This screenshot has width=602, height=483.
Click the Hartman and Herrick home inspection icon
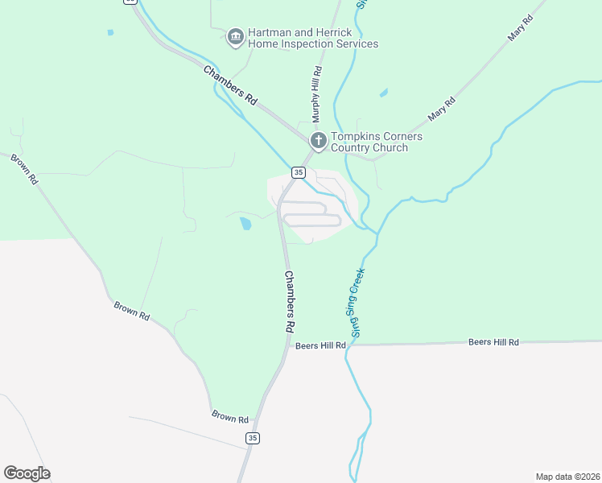click(235, 36)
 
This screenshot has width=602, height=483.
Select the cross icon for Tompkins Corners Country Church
click(318, 141)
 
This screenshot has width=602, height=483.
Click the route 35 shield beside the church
click(299, 172)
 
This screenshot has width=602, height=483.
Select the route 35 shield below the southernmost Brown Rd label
click(253, 438)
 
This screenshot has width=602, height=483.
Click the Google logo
click(27, 473)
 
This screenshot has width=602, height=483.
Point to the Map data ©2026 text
click(567, 476)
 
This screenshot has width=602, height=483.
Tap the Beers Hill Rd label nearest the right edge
click(493, 342)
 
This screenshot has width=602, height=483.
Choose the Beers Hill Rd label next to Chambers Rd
click(320, 345)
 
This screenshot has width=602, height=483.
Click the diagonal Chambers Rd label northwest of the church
click(229, 85)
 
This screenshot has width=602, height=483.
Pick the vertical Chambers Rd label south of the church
click(289, 302)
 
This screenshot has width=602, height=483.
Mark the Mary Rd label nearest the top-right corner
click(522, 28)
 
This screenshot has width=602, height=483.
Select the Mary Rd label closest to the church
click(442, 109)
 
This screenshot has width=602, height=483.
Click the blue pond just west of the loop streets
click(245, 223)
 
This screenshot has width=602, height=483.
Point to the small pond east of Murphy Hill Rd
click(384, 93)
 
